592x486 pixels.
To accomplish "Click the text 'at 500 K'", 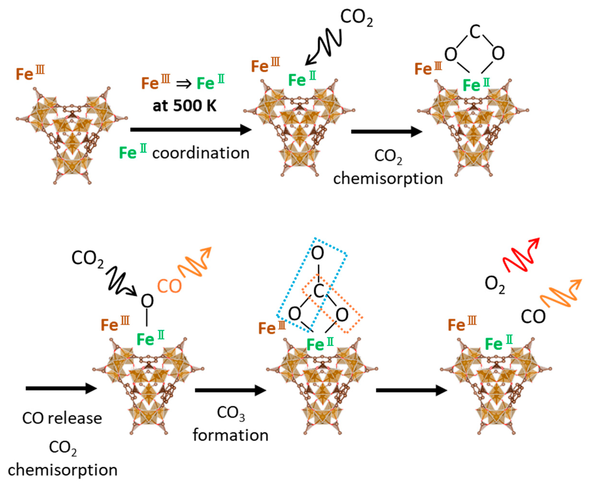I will tap(185, 106).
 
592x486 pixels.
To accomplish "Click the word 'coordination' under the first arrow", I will tap(201, 153).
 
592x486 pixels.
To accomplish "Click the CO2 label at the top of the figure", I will tap(357, 18).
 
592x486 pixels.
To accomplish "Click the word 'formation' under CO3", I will tap(230, 436).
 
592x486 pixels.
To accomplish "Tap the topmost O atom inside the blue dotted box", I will tap(318, 253).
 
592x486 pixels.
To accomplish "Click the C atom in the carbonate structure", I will tap(319, 291).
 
